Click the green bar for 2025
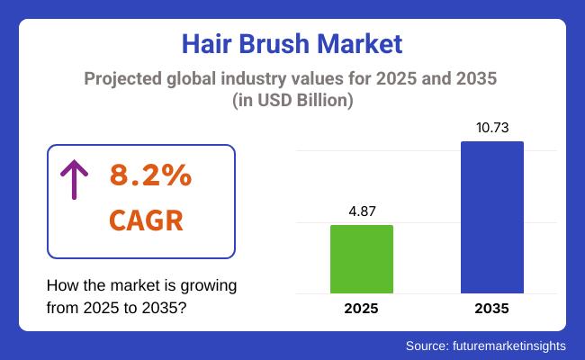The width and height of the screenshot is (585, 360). point(361,258)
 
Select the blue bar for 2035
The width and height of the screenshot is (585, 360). point(491,217)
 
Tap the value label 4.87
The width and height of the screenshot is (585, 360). point(361,211)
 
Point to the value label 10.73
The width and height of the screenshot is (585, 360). point(491,128)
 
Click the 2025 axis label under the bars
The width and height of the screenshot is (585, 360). point(361,309)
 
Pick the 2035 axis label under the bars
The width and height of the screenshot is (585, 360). point(491,309)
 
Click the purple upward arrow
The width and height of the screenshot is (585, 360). point(73,180)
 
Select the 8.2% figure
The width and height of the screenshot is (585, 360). point(150,176)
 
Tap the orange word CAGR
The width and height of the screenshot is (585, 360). point(146,220)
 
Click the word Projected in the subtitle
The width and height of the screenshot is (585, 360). point(123,80)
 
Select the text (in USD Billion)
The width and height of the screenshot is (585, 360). point(292,102)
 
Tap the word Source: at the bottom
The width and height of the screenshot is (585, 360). point(431,345)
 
